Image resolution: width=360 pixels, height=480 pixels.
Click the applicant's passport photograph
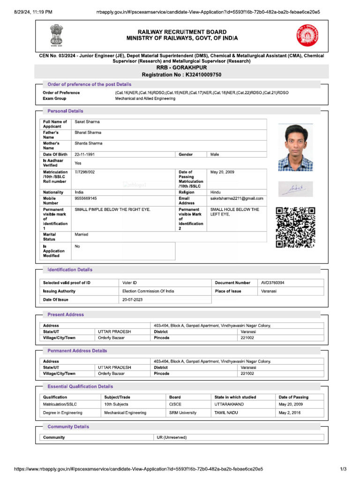pos(295,147)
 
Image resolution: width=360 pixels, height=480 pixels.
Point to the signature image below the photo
pos(295,189)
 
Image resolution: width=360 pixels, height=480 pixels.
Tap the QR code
pos(295,227)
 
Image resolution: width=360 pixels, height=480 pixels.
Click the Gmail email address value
pos(237,198)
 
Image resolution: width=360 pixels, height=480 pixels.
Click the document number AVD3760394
pos(273,283)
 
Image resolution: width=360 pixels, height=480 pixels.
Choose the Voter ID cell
pos(129,283)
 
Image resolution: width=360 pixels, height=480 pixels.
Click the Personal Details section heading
pos(65,111)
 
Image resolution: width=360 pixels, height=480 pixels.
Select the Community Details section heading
pos(68,427)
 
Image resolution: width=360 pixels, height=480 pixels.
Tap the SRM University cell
pos(183,413)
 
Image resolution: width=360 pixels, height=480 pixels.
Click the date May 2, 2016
pos(290,413)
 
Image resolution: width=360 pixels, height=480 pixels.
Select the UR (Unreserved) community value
pos(172,437)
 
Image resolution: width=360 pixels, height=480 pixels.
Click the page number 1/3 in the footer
pos(343,469)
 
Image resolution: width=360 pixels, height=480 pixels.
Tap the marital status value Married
pos(82,234)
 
